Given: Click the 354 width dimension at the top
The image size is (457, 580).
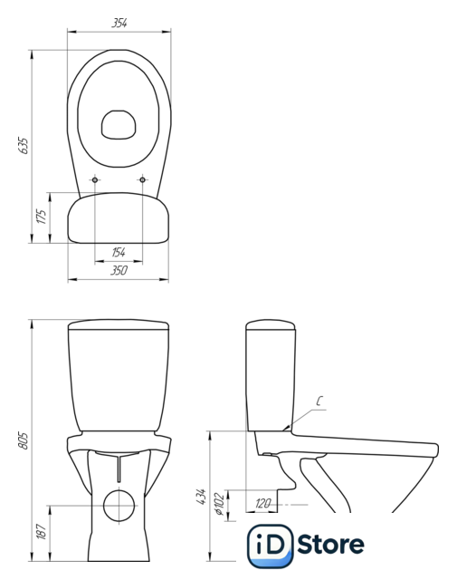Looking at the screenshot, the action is click(x=119, y=23).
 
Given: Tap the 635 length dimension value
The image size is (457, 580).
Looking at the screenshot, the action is click(x=23, y=146).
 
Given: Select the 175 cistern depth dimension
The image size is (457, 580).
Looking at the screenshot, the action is click(x=42, y=217).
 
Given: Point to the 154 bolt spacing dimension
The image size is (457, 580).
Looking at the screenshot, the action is click(x=119, y=252).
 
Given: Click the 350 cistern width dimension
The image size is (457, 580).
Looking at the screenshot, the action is click(x=119, y=270).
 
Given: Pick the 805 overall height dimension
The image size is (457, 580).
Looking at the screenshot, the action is click(x=23, y=440).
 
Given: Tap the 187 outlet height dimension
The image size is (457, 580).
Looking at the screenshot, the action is click(x=42, y=531).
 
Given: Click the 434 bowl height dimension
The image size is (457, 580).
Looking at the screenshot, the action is click(x=201, y=496).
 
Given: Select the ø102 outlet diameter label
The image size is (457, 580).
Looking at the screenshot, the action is click(x=219, y=504).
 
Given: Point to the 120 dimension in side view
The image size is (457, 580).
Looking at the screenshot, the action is click(x=262, y=503).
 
